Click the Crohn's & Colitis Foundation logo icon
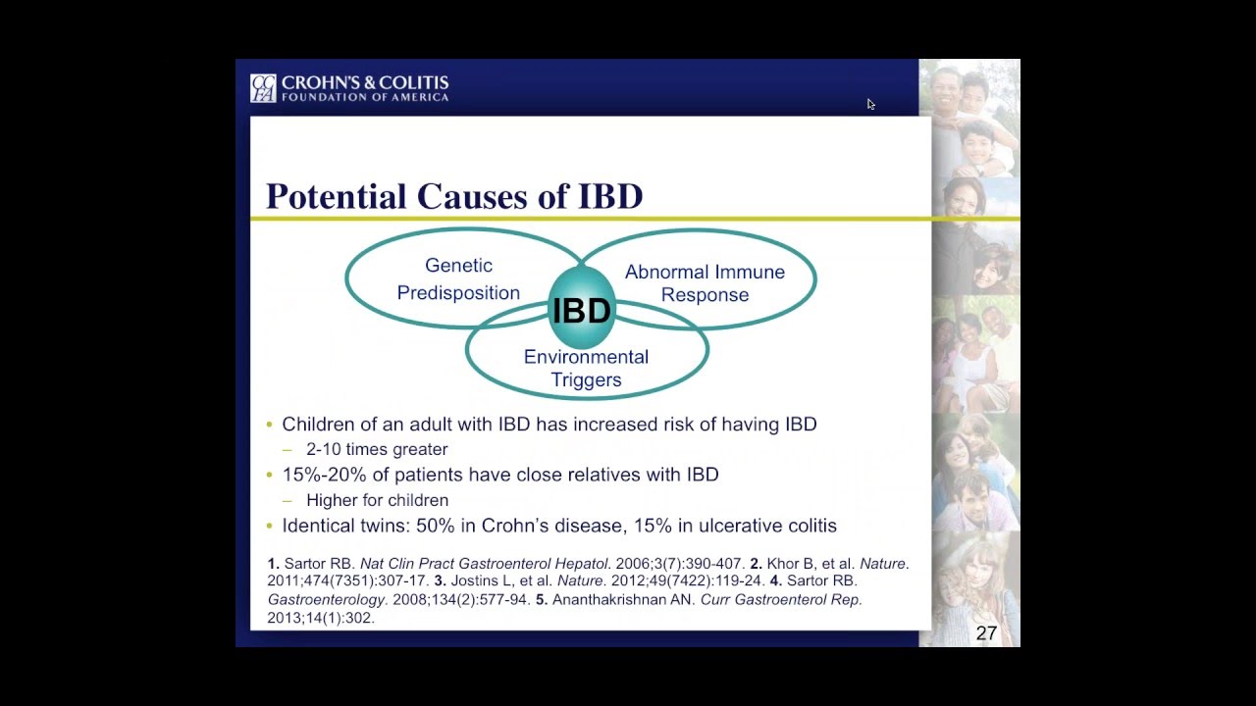(x=263, y=88)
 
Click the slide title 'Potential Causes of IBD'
(x=454, y=196)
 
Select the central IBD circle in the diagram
(x=582, y=310)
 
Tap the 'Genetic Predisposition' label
(x=458, y=279)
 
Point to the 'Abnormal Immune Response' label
(x=705, y=283)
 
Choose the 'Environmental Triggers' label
(x=586, y=369)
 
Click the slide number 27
(x=986, y=633)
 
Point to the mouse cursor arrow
(x=870, y=104)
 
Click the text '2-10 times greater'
(x=377, y=449)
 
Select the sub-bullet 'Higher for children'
(x=377, y=500)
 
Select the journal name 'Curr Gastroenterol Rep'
(x=780, y=600)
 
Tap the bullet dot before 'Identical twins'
(x=270, y=527)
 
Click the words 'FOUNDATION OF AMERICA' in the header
(x=365, y=97)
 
